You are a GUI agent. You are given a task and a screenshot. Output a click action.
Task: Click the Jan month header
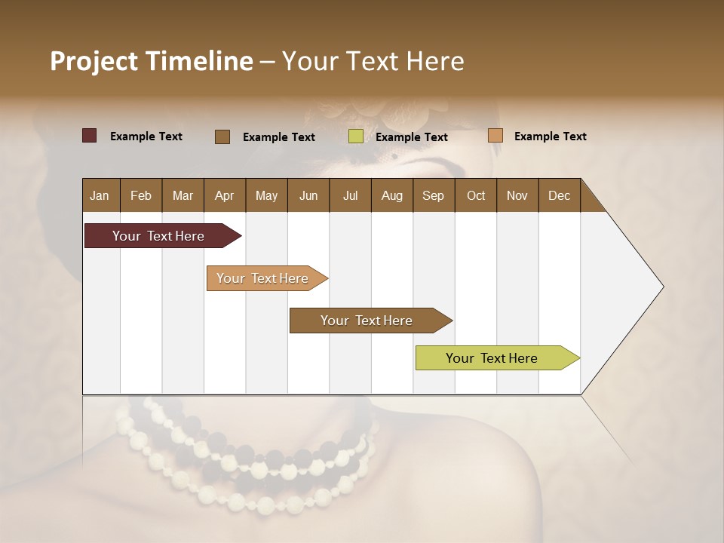click(100, 195)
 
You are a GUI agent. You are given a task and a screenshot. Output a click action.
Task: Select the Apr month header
click(224, 195)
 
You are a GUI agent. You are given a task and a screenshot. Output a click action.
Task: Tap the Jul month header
click(350, 195)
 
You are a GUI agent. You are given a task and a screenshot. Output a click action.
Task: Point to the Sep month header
click(433, 195)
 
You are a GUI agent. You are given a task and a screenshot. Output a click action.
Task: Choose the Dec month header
click(559, 195)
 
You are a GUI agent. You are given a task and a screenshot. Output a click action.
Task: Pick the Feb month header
click(141, 195)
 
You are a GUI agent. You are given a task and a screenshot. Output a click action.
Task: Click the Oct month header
click(476, 195)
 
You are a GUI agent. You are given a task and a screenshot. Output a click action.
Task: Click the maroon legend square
click(89, 136)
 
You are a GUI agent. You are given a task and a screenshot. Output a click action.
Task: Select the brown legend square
click(222, 137)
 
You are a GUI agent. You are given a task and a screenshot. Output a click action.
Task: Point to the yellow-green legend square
click(356, 137)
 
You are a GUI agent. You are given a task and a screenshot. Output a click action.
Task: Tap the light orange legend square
click(495, 136)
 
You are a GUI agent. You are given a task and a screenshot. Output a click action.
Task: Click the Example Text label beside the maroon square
click(146, 137)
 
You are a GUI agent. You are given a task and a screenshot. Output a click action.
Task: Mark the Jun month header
click(308, 195)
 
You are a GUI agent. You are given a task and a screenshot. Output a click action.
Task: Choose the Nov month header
click(517, 195)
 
